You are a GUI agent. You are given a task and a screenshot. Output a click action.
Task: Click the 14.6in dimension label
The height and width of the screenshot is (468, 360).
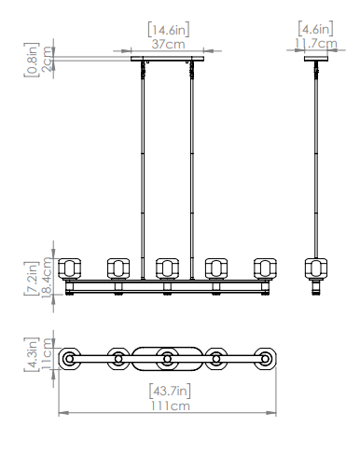point(169,30)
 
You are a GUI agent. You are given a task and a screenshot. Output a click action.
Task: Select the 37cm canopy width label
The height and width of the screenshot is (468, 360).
point(169,44)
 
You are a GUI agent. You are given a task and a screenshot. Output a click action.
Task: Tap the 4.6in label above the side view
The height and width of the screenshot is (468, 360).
point(315,28)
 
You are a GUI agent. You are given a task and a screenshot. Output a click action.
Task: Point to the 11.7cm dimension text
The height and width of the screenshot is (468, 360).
point(316,43)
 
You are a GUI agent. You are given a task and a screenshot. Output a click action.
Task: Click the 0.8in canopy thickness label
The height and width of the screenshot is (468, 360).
point(32,60)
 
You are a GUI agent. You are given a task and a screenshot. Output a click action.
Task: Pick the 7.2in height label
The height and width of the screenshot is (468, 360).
point(32,278)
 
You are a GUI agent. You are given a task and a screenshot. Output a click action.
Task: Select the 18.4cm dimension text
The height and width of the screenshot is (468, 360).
point(47,277)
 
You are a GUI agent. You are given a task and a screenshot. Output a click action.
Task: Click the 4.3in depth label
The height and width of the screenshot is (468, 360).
point(32,354)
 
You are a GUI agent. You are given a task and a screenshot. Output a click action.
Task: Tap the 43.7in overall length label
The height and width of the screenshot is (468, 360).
point(170,391)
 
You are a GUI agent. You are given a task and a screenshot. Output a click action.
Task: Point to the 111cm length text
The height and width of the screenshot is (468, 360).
point(171,406)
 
